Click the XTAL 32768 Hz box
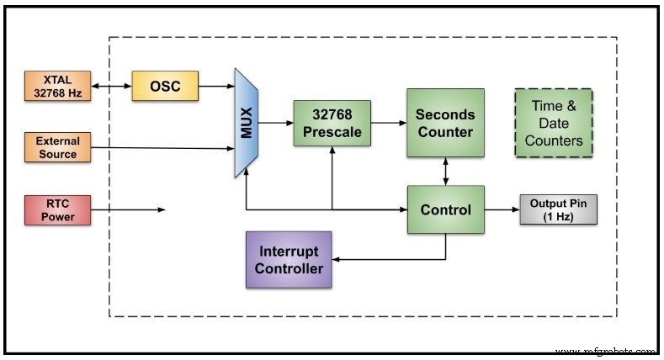(x=56, y=86)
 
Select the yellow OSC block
(x=165, y=86)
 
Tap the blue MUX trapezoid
(x=246, y=124)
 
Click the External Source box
(x=56, y=147)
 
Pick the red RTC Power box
(x=56, y=209)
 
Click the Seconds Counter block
(x=445, y=123)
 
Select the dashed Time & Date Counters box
(x=553, y=123)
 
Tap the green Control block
(x=445, y=209)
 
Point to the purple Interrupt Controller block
(x=289, y=261)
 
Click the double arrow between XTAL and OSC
(x=109, y=86)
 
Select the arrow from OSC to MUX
(x=216, y=86)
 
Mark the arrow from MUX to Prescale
(x=275, y=124)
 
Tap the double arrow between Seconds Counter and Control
(x=445, y=171)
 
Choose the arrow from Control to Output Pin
(x=502, y=209)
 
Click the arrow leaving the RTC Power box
(x=126, y=209)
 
